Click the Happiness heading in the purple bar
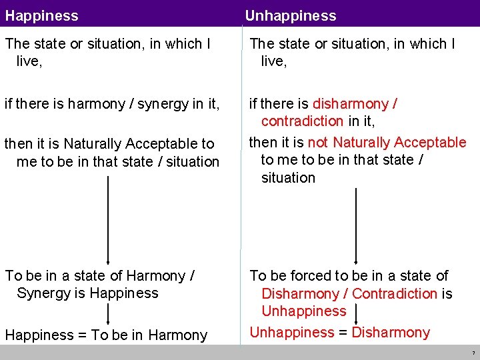[41, 15]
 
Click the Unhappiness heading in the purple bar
[291, 15]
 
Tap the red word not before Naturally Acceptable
[318, 142]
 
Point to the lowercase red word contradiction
[303, 121]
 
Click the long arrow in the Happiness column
[108, 220]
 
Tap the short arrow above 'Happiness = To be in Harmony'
[108, 314]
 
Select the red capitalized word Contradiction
[395, 293]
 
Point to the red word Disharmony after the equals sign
[391, 332]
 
